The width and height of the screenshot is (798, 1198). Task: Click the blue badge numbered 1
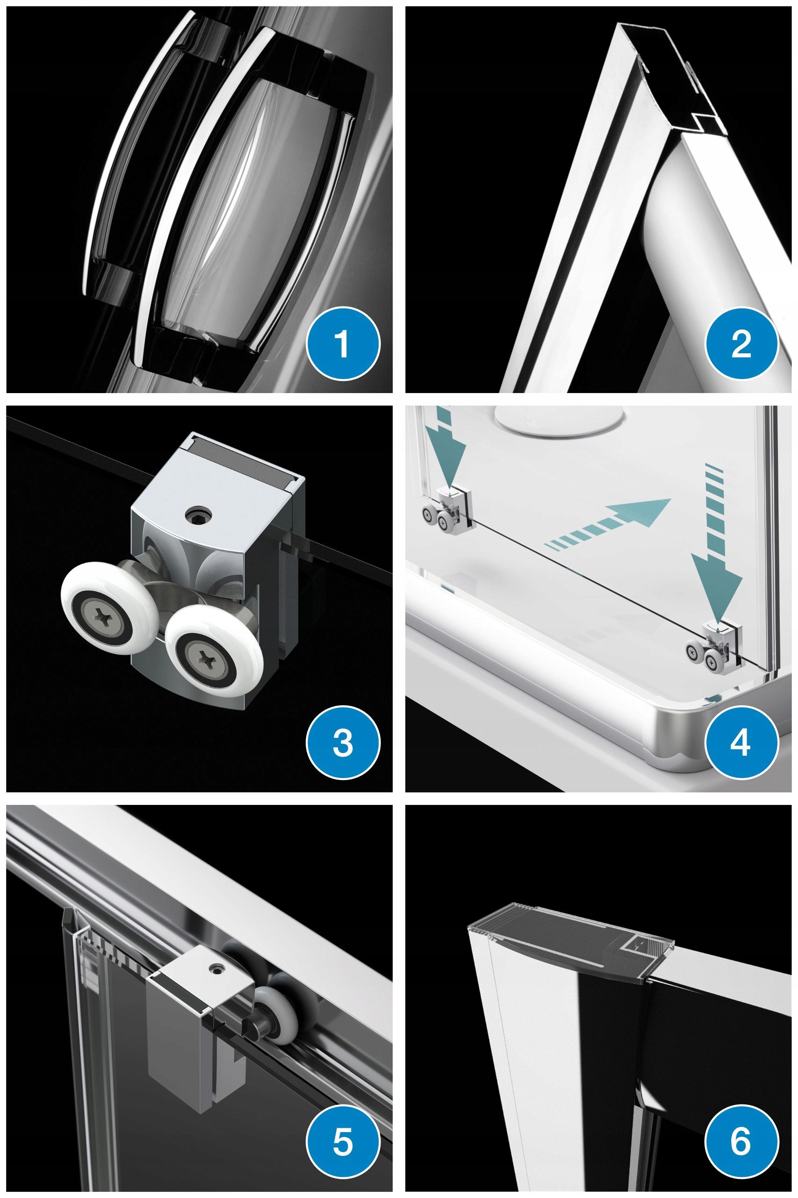[x=343, y=343]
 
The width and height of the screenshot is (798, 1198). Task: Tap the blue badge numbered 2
[x=741, y=343]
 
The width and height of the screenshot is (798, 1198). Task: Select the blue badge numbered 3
[x=343, y=743]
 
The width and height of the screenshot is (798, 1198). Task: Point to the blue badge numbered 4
[x=741, y=743]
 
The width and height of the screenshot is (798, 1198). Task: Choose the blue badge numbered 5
[x=343, y=1142]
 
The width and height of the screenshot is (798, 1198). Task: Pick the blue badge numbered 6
[x=741, y=1142]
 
